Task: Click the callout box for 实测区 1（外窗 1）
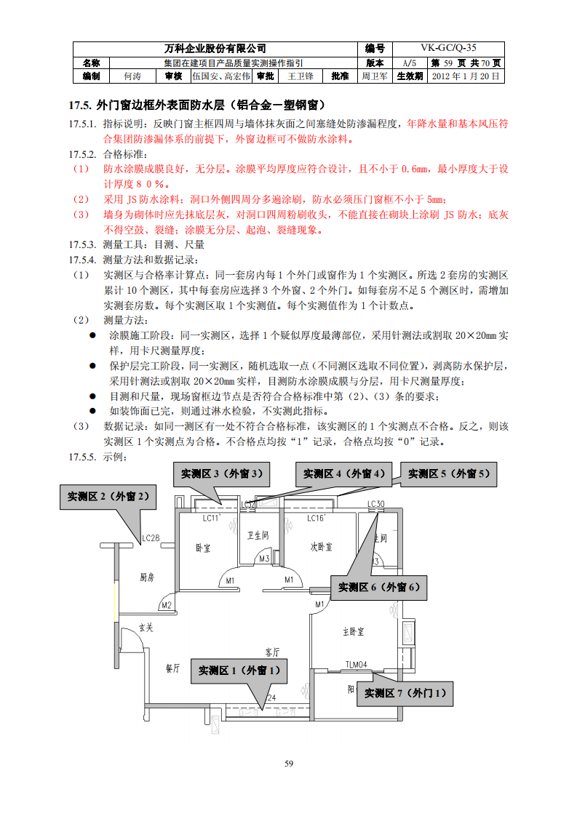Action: pos(239,670)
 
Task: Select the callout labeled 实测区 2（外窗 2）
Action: pos(108,496)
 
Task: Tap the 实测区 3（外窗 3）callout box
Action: pos(218,473)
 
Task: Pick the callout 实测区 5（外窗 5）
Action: pos(452,473)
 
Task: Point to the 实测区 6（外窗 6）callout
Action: pos(378,587)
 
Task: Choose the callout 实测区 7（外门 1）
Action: pos(405,692)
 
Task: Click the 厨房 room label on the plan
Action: pos(147,577)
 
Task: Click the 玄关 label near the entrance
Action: pos(146,627)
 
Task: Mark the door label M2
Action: pos(166,605)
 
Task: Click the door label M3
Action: pos(264,559)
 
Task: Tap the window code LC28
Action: pos(151,538)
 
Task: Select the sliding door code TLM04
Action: pos(356,663)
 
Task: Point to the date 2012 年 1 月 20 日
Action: pos(466,76)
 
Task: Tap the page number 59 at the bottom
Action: pos(288,763)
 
